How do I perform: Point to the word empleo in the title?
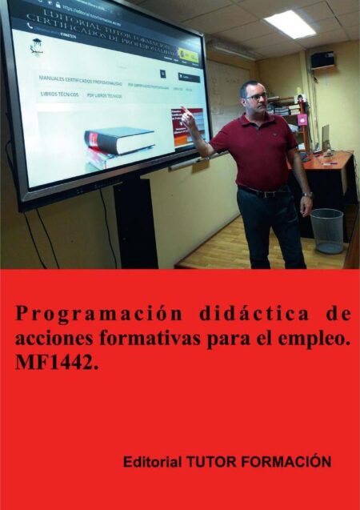click(315, 338)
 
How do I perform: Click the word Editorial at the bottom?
click(152, 462)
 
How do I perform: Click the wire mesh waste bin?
click(326, 230)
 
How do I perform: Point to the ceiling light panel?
click(290, 23)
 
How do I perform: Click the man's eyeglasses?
click(255, 96)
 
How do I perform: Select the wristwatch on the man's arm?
click(306, 195)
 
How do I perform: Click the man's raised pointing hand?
click(186, 118)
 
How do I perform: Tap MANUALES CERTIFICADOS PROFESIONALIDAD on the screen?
click(80, 82)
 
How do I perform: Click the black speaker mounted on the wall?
click(322, 59)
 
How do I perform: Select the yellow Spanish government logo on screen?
click(188, 55)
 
